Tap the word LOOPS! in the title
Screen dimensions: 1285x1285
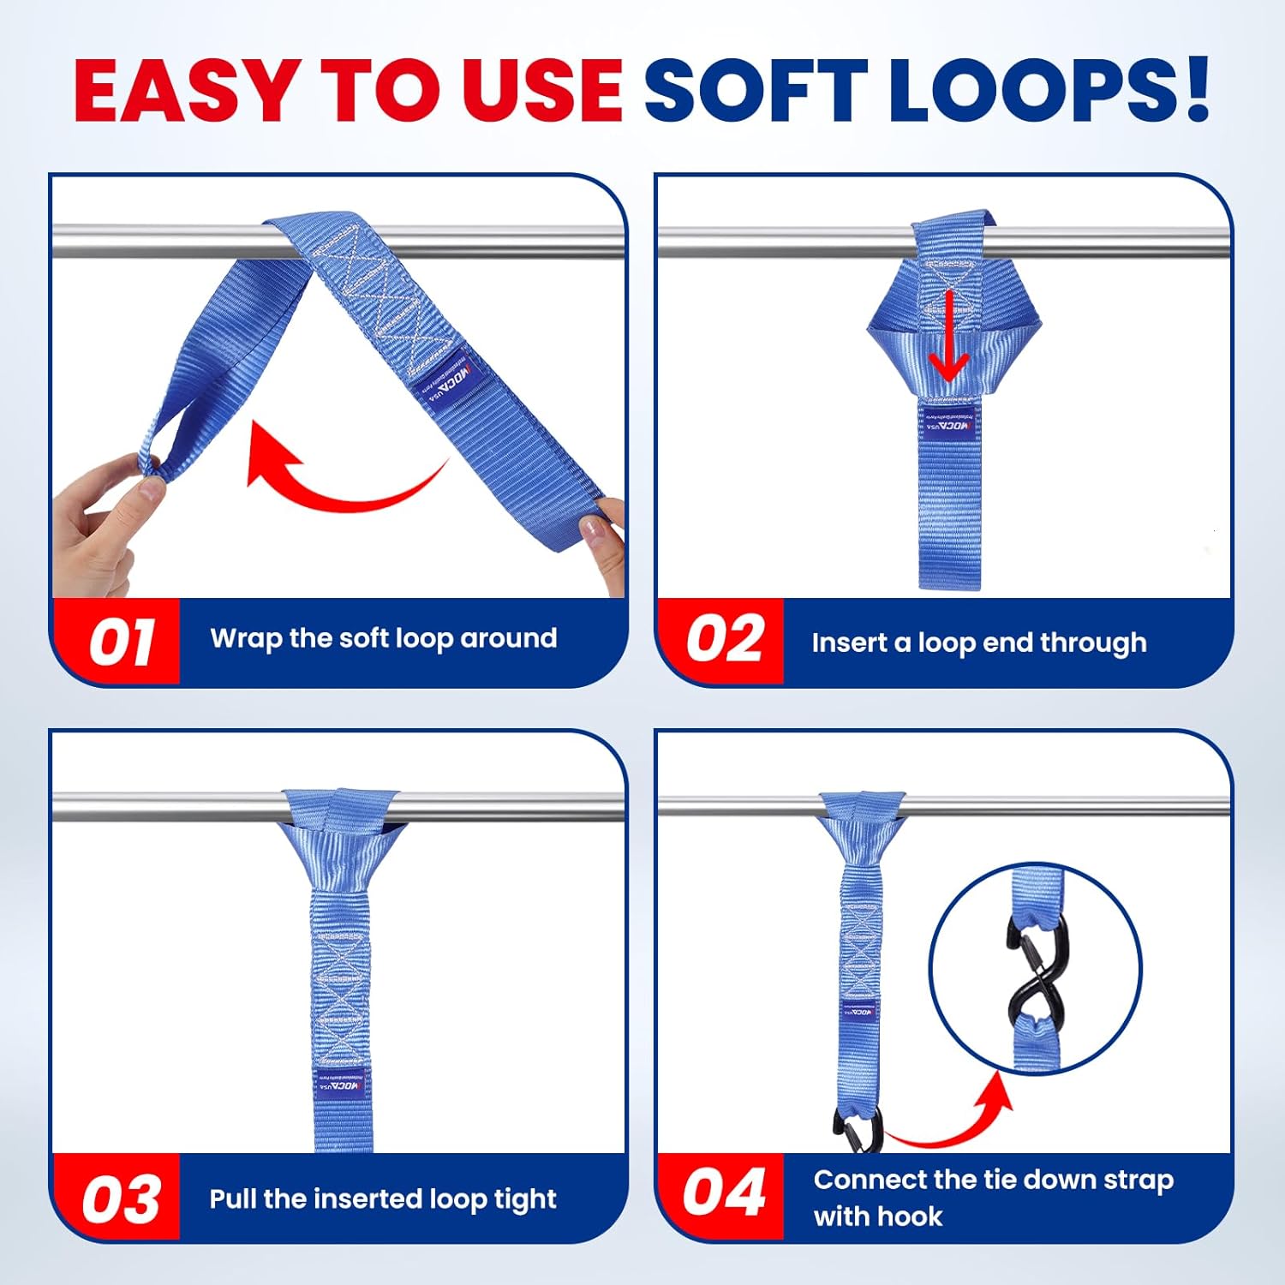[1047, 90]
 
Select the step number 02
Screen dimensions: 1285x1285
[724, 639]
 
